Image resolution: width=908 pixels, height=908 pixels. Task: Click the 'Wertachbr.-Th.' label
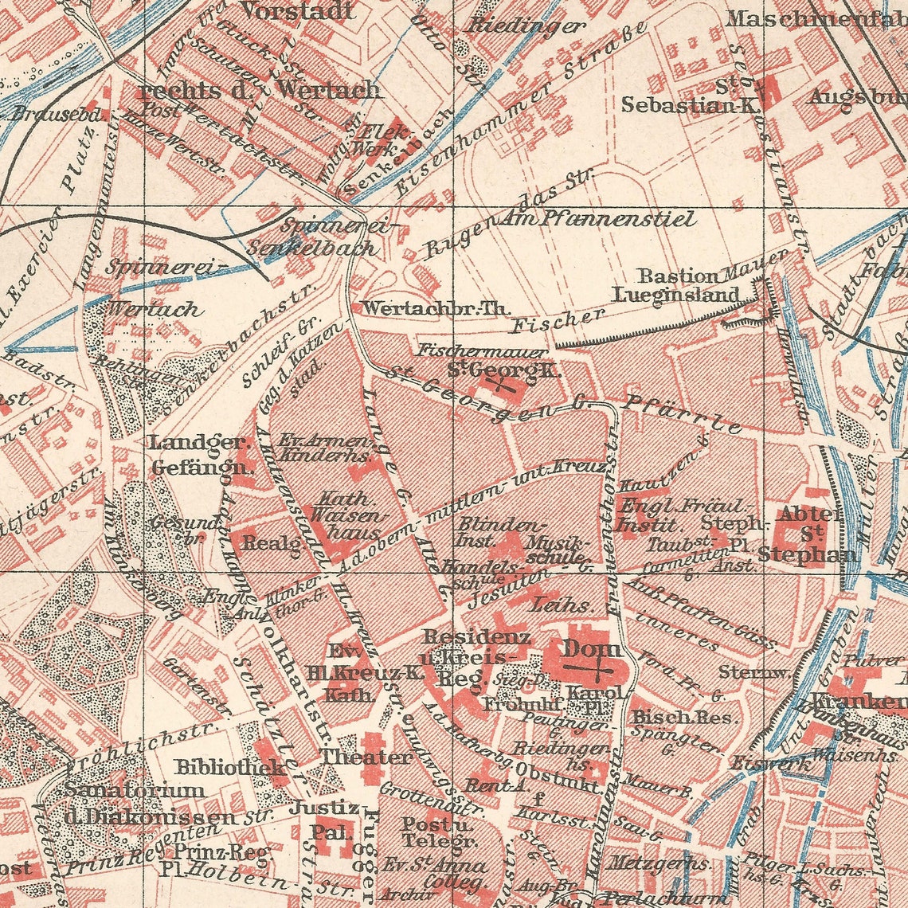[x=435, y=307]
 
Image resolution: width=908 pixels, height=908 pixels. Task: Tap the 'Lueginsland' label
[x=675, y=294]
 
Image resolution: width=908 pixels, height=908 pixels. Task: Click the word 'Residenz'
[x=476, y=637]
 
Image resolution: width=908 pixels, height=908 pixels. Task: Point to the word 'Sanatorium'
[x=135, y=791]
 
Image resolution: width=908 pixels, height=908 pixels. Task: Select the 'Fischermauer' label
[x=483, y=351]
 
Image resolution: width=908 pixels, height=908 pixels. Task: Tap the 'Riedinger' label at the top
[x=526, y=25]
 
